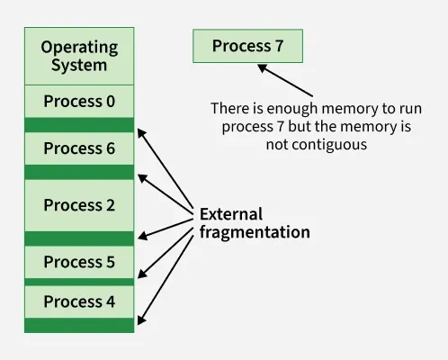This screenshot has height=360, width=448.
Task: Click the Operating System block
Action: coord(79,56)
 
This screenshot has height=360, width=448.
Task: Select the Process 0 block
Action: coord(79,102)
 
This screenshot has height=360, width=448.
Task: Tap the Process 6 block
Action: coord(79,148)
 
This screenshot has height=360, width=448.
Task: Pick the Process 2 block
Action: coord(79,205)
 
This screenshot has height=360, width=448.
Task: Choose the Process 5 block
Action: coord(79,262)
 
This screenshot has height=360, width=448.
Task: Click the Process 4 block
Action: coord(79,301)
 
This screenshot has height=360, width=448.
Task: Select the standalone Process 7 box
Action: coord(247,46)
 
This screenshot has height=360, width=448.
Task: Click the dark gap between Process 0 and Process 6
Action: coord(79,125)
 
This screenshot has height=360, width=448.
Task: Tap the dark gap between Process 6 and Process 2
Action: coord(79,172)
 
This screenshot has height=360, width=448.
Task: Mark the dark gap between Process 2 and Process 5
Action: coord(79,238)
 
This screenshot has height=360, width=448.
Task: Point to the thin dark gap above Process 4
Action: coord(79,282)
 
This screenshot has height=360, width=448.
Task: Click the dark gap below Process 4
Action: coord(79,325)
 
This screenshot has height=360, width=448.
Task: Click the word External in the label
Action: coord(231,214)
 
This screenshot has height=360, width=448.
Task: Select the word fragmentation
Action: coord(255,232)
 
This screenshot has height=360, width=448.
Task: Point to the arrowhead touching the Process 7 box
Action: coord(263,67)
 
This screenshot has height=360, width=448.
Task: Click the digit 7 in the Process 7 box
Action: coord(279,46)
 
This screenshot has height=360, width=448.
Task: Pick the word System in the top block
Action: coord(79,66)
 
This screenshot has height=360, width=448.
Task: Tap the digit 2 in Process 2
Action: coord(111,205)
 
